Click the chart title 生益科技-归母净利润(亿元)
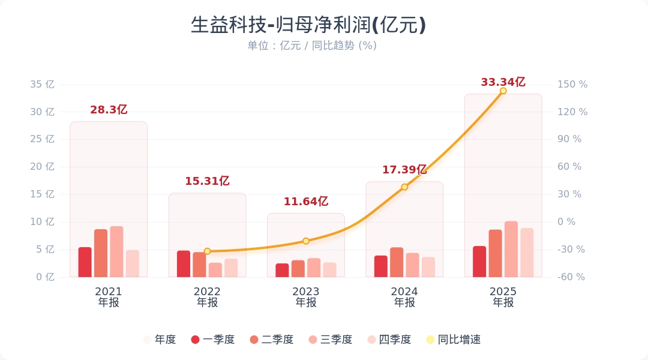coord(308,25)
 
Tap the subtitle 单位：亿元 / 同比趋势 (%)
coord(312,46)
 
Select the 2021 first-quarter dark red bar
coord(85,262)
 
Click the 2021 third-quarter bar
coord(116,252)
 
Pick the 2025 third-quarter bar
coord(511,250)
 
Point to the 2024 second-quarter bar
coord(397,262)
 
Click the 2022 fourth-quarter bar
coord(231,268)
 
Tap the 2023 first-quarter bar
coord(282,271)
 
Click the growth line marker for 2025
coord(503,91)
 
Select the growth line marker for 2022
coord(207,251)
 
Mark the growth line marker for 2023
coord(306,241)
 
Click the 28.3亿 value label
coord(109,110)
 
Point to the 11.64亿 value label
coord(306,202)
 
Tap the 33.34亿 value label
coord(503,82)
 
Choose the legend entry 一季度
coord(213,340)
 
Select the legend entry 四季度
coord(389,340)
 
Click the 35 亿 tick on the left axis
coord(42,85)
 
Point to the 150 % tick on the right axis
coord(572,85)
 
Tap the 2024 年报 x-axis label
coord(404,297)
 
